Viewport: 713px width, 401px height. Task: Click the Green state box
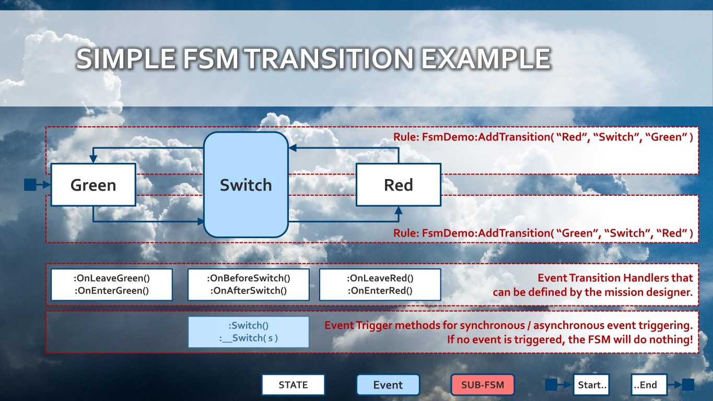[93, 185]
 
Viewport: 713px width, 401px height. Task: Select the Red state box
[398, 185]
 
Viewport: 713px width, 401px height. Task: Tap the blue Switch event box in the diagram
[246, 185]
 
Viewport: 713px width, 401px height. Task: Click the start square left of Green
[30, 184]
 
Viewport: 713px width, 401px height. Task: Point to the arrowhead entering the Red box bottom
[399, 210]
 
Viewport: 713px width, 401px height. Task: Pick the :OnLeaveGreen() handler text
[111, 278]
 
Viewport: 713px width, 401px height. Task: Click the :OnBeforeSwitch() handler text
[248, 278]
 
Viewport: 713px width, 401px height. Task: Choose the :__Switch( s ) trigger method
[248, 338]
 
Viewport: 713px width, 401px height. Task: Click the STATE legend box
[293, 385]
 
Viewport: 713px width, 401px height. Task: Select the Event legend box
[388, 385]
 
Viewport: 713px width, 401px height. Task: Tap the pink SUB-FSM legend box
[483, 385]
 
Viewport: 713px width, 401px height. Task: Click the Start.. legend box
[592, 385]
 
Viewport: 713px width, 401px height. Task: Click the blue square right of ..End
[688, 385]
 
